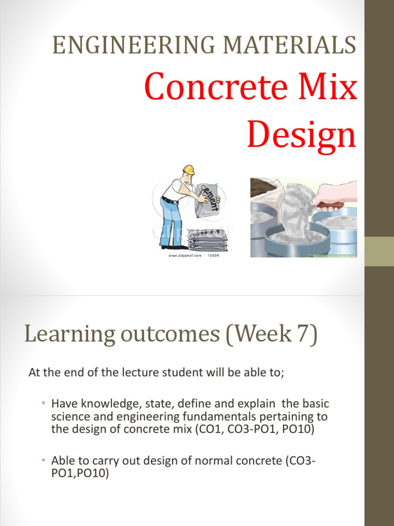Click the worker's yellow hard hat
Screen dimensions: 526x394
point(189,170)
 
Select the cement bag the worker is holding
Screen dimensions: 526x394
point(207,197)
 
